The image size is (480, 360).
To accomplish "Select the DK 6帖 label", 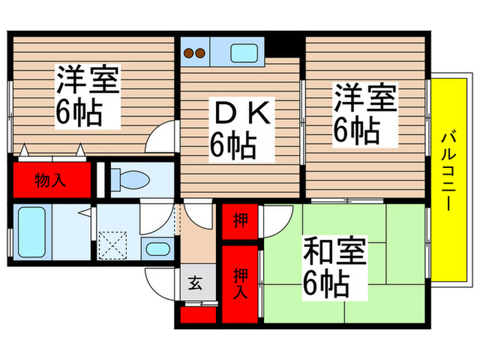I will [x=233, y=130].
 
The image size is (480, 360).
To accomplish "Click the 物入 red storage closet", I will [x=50, y=180].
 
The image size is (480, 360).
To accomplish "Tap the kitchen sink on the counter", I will [x=243, y=51].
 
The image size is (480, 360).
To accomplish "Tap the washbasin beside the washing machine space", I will [x=157, y=249].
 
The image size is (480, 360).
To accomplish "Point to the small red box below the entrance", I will [x=197, y=315].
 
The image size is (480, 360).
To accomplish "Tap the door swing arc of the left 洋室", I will [x=162, y=137].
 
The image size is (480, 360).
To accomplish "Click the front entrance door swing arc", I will [x=162, y=281].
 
